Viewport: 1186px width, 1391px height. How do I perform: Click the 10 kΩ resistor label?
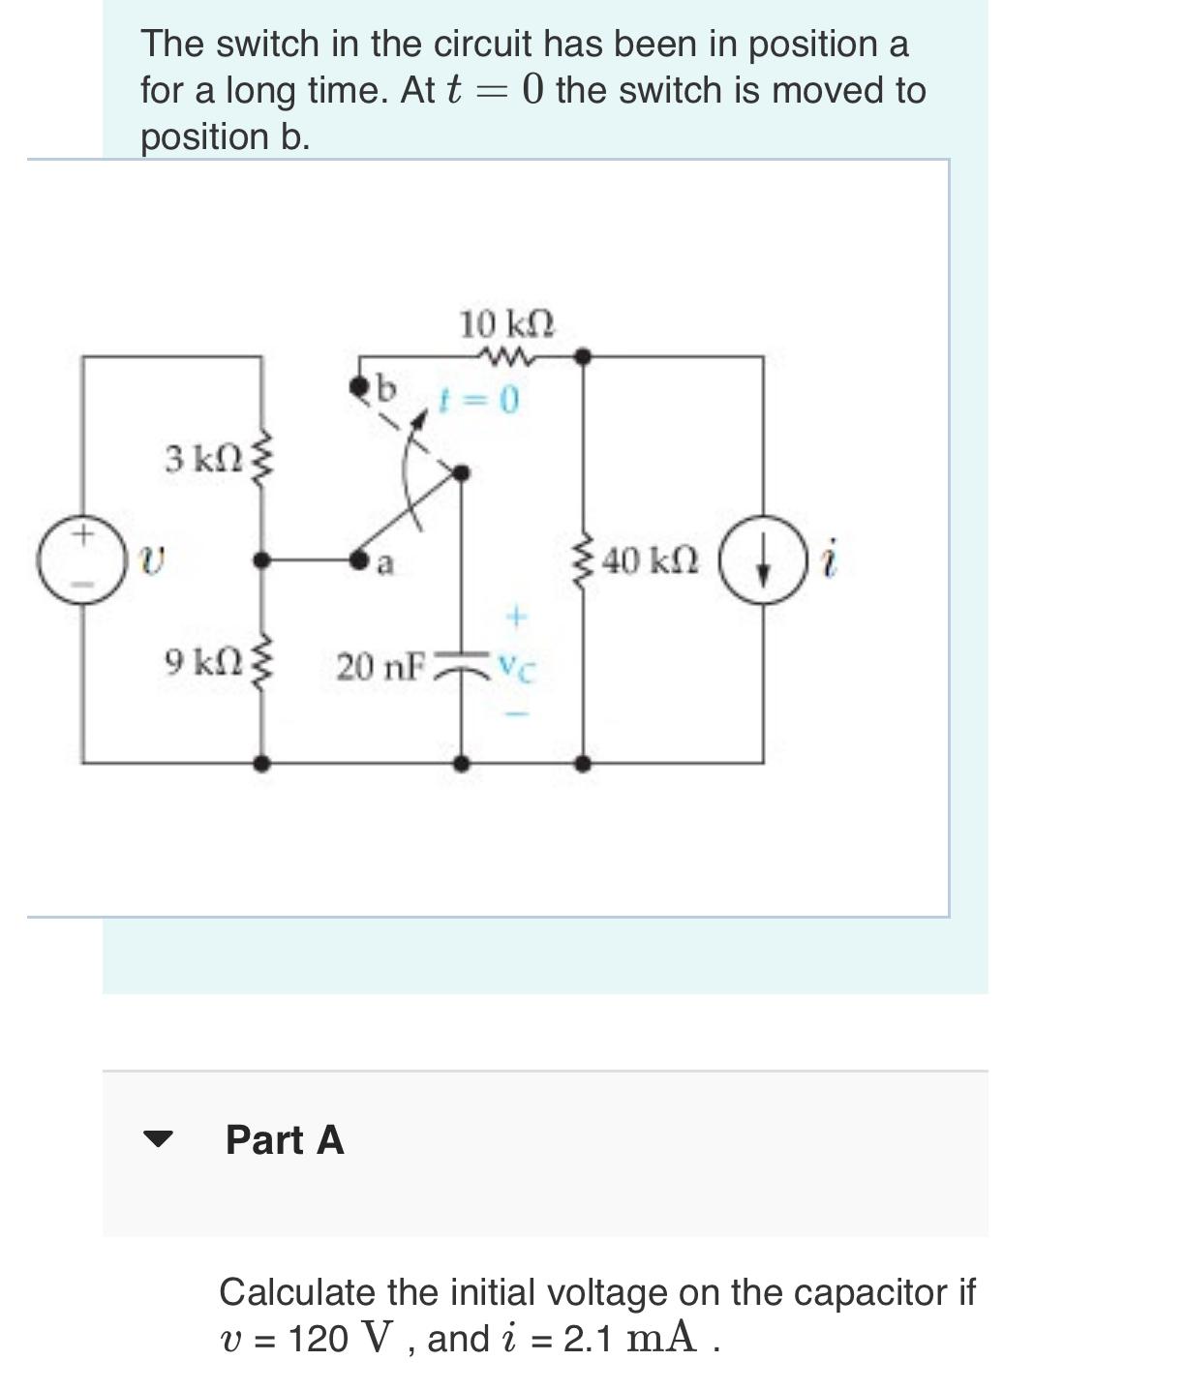(x=506, y=323)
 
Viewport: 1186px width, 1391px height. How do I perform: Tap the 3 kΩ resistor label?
(x=202, y=458)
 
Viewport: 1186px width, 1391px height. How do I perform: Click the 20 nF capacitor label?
(x=380, y=666)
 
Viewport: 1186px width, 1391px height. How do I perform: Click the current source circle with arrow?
(x=763, y=560)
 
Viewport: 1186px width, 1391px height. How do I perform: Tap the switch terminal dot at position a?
(x=359, y=559)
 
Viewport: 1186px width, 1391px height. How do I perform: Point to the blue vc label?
(x=516, y=667)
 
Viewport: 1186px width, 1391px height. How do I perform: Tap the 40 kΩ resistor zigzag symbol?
(x=583, y=560)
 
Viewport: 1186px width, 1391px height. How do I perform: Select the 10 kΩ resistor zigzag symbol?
(x=505, y=357)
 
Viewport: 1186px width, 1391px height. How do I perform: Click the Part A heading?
(x=285, y=1139)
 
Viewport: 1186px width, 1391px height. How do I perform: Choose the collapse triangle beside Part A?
(x=157, y=1138)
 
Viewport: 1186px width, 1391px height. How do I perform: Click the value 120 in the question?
(x=318, y=1339)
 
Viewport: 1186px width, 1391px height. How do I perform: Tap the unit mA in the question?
(x=660, y=1339)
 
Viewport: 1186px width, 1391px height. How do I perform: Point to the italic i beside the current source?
(x=829, y=560)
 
